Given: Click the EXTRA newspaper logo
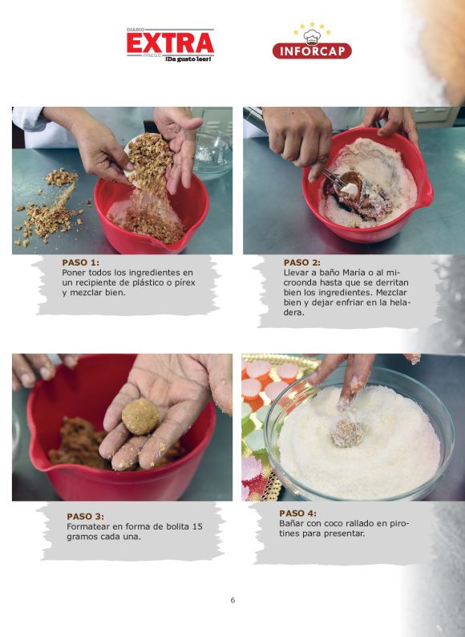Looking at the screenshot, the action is point(170,45).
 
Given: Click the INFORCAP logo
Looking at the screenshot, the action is point(312,51).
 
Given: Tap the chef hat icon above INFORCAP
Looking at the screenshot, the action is point(312,37).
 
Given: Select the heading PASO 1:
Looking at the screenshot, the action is point(80,262).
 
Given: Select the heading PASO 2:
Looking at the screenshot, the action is point(301,262).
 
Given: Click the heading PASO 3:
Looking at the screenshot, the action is point(85,517).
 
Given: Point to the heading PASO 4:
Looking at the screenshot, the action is point(297,513).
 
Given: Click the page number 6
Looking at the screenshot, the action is point(232,600).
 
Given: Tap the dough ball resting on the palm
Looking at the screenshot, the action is point(140,416).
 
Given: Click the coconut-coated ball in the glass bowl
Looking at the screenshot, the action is point(347,434).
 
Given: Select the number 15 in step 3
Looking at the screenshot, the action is point(197,526).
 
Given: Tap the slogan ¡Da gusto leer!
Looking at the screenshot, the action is point(188,59).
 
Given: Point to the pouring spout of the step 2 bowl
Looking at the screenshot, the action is point(427,199).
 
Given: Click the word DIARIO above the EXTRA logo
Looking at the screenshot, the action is point(135,30).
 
